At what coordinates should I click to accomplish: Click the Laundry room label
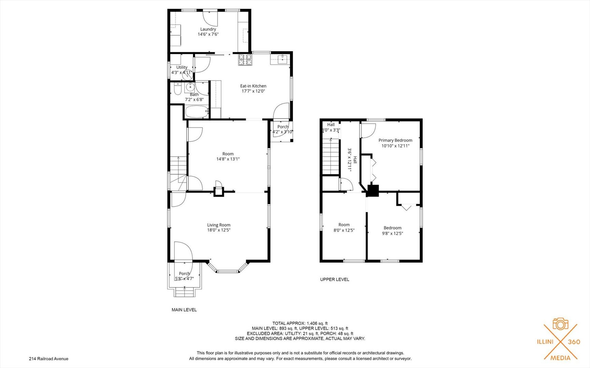tap(208, 29)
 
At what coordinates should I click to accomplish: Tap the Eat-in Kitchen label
tap(253, 86)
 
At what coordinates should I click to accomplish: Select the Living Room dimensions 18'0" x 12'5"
tap(219, 230)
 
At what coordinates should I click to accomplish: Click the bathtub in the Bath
tap(197, 111)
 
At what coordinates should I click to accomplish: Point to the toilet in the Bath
tap(178, 89)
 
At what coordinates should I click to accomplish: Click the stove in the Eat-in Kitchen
tap(245, 60)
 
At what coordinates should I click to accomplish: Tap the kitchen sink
tap(282, 60)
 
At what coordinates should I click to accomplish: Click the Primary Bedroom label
tap(395, 140)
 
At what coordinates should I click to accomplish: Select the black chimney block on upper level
tap(373, 190)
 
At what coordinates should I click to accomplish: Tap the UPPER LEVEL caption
tap(334, 279)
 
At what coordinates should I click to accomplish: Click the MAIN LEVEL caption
tap(184, 310)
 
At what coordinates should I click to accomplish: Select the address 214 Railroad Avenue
tap(49, 359)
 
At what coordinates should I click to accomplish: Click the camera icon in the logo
tap(560, 324)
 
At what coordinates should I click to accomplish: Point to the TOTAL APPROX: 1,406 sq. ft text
tap(300, 323)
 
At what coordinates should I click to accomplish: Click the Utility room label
tap(182, 67)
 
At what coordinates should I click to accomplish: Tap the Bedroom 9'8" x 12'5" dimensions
tap(392, 233)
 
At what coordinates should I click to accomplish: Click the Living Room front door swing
tap(183, 251)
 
